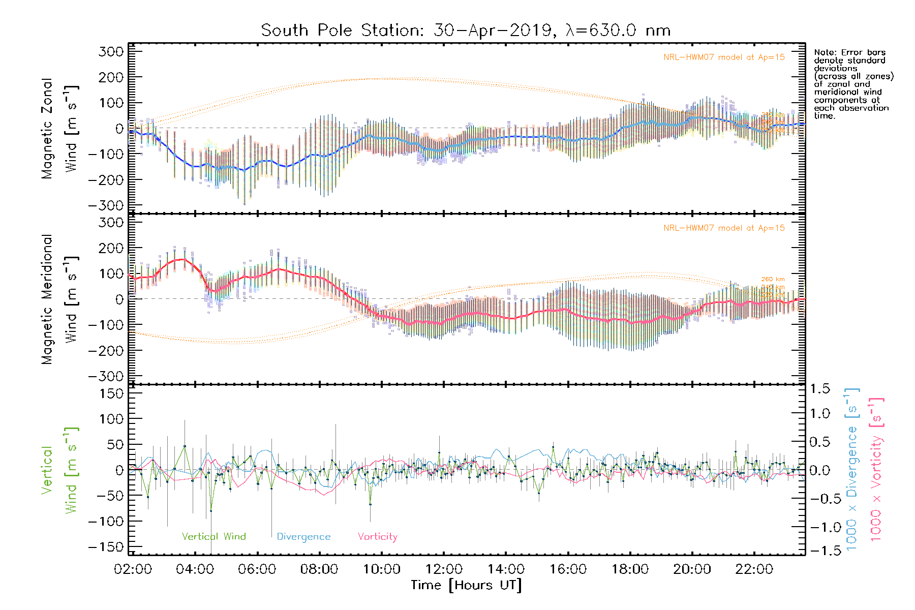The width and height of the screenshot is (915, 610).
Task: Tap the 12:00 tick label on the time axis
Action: pyautogui.click(x=444, y=569)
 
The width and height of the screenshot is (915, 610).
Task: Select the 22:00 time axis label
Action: pyautogui.click(x=754, y=569)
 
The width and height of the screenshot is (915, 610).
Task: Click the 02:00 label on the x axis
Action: pyautogui.click(x=133, y=569)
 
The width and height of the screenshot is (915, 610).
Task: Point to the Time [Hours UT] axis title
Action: pyautogui.click(x=466, y=585)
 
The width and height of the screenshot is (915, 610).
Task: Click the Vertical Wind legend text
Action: pyautogui.click(x=213, y=536)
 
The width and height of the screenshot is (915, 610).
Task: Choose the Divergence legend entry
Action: pyautogui.click(x=303, y=536)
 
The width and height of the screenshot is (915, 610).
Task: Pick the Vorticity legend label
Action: pyautogui.click(x=377, y=536)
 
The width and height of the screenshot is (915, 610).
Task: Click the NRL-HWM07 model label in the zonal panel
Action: pyautogui.click(x=724, y=57)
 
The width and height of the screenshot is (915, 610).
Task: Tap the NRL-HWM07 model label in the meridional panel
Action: pyautogui.click(x=724, y=228)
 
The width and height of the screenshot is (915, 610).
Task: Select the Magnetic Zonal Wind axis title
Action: pyautogui.click(x=60, y=128)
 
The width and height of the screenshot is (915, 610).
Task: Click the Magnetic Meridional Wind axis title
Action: pyautogui.click(x=60, y=299)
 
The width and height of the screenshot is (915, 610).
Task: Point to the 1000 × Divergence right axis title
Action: pyautogui.click(x=851, y=470)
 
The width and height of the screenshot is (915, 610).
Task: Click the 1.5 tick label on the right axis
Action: pyautogui.click(x=820, y=389)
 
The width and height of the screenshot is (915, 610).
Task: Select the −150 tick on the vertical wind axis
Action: pyautogui.click(x=106, y=547)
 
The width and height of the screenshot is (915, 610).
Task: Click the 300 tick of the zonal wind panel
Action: pyautogui.click(x=111, y=51)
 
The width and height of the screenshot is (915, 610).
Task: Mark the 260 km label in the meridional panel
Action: pyautogui.click(x=773, y=279)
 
